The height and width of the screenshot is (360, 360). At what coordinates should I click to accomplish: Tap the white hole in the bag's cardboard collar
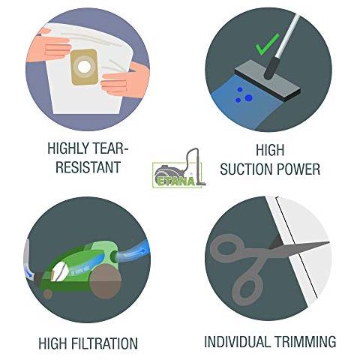coord(84,67)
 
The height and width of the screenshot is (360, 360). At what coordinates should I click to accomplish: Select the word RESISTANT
coord(88,167)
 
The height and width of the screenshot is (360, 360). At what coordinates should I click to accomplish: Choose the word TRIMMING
coord(305,341)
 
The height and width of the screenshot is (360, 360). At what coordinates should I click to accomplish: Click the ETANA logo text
coord(176,181)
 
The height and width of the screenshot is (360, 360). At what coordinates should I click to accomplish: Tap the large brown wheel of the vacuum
coord(106,282)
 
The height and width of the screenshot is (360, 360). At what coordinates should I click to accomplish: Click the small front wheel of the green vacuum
coord(47,295)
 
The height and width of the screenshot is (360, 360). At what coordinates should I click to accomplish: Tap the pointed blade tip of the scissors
coord(328,242)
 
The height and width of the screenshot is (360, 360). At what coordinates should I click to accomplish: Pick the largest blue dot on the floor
coord(248,97)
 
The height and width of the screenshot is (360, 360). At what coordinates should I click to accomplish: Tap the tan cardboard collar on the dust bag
coord(85,67)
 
